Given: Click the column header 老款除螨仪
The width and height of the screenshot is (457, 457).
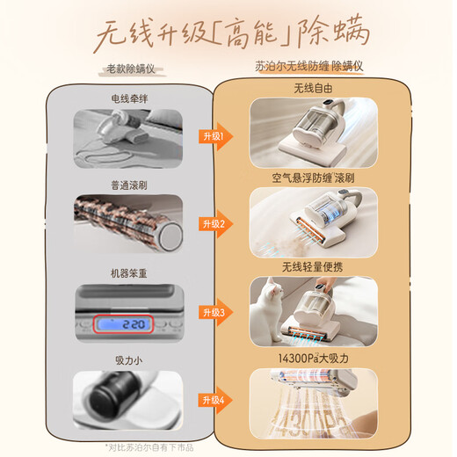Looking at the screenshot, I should coord(130,68).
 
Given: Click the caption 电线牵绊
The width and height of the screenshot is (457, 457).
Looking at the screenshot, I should coord(128,98).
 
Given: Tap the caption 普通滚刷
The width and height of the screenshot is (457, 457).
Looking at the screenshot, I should coord(128,185).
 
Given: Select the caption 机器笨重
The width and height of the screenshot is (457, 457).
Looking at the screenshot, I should coord(128,273).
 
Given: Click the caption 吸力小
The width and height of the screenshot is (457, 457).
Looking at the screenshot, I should coord(128,360).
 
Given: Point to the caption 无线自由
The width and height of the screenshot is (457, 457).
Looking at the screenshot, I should coord(314,88).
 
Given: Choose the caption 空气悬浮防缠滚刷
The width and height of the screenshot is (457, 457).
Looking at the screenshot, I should coord(314,178).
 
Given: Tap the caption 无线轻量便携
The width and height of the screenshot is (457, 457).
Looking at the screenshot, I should coord(314,266).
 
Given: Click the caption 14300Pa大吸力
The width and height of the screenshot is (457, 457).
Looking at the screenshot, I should coord(314,358).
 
